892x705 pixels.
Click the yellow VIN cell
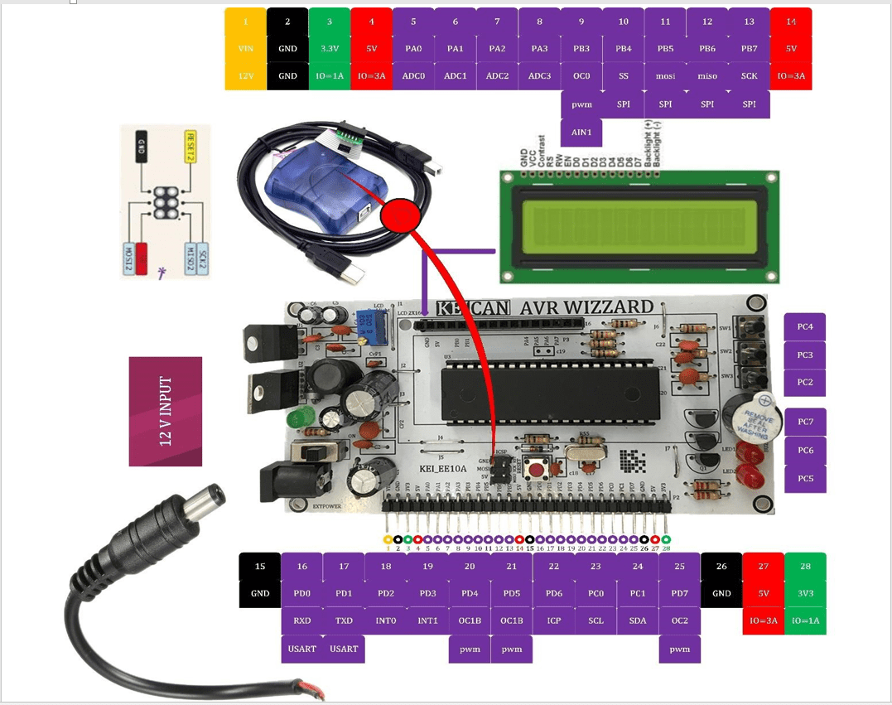coord(245,49)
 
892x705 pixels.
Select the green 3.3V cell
coord(330,49)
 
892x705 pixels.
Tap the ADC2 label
coord(497,76)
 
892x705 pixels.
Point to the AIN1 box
coord(581,132)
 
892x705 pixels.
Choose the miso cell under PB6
coord(707,76)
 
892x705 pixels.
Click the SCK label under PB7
coord(749,76)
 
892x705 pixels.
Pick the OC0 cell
coord(581,76)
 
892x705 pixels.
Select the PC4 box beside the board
coord(805,327)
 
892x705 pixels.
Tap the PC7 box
coord(805,422)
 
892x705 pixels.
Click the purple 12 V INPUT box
coord(166,411)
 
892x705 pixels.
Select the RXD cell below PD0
coord(302,620)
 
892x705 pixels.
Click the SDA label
coord(638,620)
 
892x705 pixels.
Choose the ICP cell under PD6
coord(554,620)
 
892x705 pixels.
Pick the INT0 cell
coord(386,620)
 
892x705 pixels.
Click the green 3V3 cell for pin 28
coord(805,593)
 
